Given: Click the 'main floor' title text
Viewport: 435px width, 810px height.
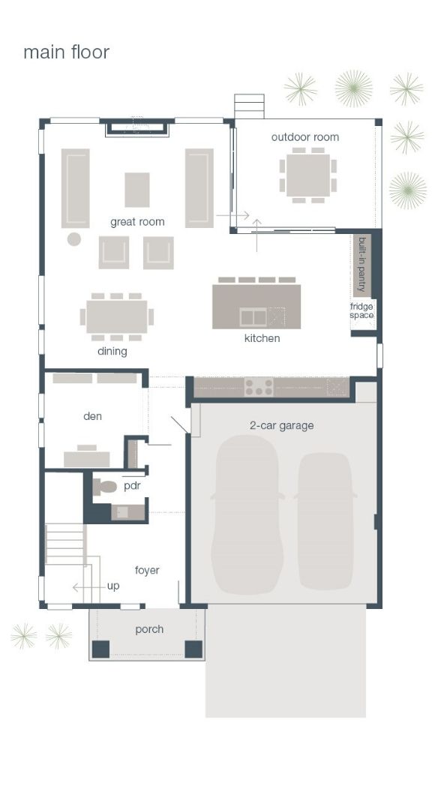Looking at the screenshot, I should [66, 52].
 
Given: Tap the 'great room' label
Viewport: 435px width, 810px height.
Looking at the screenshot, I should [137, 222].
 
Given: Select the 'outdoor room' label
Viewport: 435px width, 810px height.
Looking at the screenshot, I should [305, 137].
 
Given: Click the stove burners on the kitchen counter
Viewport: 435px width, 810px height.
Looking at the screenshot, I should [259, 387].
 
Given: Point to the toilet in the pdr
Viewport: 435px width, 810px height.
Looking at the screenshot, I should [106, 487].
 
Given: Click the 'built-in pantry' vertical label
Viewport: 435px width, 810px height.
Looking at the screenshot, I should [361, 265].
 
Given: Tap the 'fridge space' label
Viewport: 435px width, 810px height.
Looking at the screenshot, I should [361, 310].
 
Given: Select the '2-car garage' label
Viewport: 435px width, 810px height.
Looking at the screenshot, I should [281, 425].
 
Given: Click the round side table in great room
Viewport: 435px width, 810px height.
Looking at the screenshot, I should [73, 239].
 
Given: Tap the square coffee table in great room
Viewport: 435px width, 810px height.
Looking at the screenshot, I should [136, 189].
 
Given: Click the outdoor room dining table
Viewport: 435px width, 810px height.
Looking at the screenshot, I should [307, 175].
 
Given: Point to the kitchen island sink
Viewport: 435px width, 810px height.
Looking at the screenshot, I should [253, 317].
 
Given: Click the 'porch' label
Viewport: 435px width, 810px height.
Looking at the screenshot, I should [149, 629].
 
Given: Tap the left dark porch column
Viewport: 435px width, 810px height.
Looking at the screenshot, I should [100, 649].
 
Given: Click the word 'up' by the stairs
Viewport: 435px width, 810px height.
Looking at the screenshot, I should [112, 586].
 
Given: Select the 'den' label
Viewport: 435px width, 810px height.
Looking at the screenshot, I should [92, 416].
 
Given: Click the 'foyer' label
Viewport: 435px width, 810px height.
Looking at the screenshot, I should [147, 570].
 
